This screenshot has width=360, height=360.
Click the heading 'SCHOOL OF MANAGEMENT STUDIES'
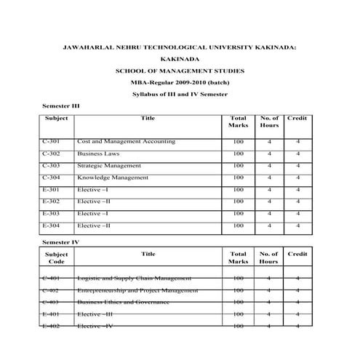coord(180,71)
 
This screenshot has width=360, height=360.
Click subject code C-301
coord(52,142)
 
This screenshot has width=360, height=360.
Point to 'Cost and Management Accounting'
coord(126,142)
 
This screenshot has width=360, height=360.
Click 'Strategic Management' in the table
coord(109,166)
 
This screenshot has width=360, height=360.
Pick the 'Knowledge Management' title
coord(113,177)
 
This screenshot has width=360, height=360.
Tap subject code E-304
coord(52,225)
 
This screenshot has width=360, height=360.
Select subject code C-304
coord(52,177)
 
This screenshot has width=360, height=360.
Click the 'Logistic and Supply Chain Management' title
coord(135,278)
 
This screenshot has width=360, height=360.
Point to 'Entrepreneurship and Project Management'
coord(137,289)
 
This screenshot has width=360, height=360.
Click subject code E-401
coord(52,313)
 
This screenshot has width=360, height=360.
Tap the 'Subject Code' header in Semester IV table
coord(57,257)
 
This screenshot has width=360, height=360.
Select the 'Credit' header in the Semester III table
coord(297,118)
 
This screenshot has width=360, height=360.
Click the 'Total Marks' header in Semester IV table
coord(238,257)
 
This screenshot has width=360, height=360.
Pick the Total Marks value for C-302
coord(238,154)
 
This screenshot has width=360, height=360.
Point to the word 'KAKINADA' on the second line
coord(179,59)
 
